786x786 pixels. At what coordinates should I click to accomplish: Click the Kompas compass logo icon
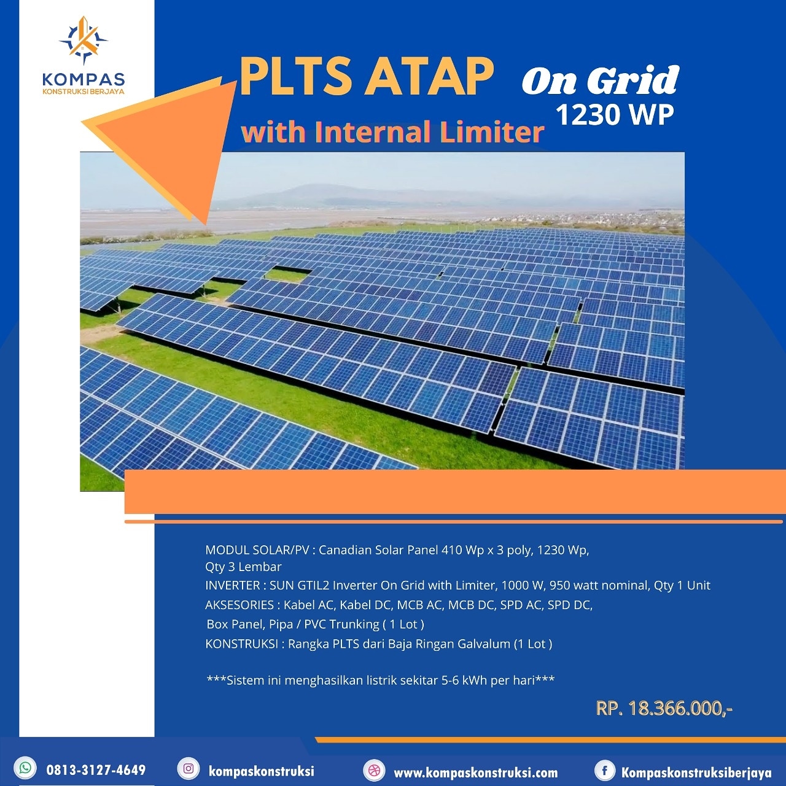click(84, 41)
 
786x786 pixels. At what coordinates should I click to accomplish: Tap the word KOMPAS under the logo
click(84, 79)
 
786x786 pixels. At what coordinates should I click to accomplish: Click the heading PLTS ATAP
click(366, 77)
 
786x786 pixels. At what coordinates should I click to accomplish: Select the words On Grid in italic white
click(600, 80)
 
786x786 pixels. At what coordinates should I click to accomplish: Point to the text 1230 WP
click(614, 115)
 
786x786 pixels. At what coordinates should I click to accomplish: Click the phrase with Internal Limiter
click(392, 132)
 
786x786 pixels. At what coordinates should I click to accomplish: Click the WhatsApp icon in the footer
click(26, 768)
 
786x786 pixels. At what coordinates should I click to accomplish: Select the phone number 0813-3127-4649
click(96, 770)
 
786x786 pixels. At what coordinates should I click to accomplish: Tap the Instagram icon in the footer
click(189, 769)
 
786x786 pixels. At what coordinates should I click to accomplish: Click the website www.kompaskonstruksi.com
click(475, 772)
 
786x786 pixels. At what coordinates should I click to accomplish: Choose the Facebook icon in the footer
click(604, 770)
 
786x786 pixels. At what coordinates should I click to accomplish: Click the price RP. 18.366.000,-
click(664, 709)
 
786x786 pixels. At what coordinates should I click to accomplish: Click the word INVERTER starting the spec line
click(233, 585)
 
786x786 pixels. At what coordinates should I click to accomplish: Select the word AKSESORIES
click(239, 605)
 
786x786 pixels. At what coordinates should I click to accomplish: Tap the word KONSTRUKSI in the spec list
click(241, 644)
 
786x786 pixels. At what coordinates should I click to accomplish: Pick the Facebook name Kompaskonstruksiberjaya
click(696, 772)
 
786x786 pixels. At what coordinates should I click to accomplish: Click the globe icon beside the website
click(374, 770)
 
